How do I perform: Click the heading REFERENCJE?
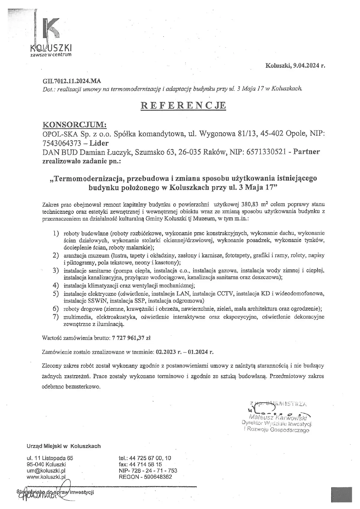click(x=183, y=105)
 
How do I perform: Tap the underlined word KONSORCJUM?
click(x=75, y=124)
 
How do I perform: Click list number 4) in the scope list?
click(x=55, y=285)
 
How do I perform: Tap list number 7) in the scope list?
click(x=55, y=317)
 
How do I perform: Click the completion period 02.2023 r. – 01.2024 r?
click(x=184, y=352)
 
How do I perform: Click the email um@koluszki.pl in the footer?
click(x=46, y=471)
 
